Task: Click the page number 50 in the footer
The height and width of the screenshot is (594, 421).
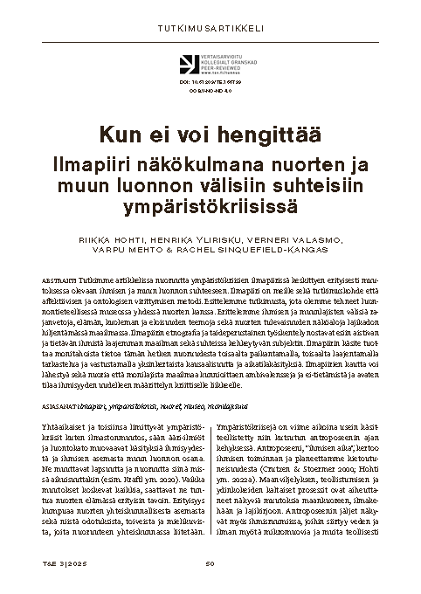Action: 210,563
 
